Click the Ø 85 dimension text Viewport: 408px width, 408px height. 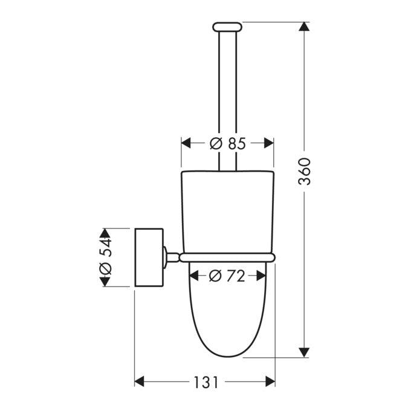[227, 143]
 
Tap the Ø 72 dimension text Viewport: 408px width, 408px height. [227, 276]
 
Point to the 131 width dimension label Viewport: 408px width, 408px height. [206, 382]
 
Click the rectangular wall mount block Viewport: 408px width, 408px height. [149, 257]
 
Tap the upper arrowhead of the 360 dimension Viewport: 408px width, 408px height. [305, 27]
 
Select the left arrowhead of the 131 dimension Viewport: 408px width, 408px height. [138, 382]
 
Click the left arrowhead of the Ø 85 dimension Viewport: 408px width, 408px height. [186, 143]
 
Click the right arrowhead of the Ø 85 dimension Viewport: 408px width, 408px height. [269, 143]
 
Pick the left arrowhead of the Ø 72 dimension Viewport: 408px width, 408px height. [194, 276]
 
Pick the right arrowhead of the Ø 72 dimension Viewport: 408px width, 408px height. [261, 276]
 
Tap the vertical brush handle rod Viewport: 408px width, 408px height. [227, 91]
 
